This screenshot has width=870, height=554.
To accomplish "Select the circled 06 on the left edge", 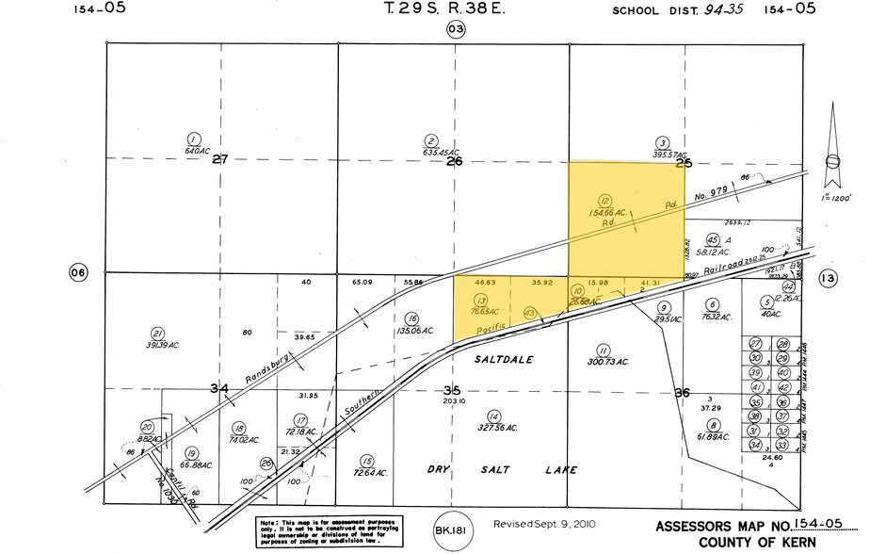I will tap(78, 273).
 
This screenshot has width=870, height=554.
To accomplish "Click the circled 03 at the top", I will tap(456, 30).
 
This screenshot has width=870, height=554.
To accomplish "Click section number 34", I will tap(219, 389).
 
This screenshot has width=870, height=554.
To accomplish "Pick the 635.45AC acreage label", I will tap(441, 152).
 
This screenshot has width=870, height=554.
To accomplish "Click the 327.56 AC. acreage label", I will tap(499, 428).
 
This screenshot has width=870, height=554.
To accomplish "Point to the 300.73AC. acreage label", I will tap(607, 363).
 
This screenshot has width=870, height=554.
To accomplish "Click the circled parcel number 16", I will tap(411, 318).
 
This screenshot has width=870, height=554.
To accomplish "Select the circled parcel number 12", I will tap(605, 201).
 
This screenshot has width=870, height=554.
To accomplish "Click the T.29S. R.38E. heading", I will tap(441, 10).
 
